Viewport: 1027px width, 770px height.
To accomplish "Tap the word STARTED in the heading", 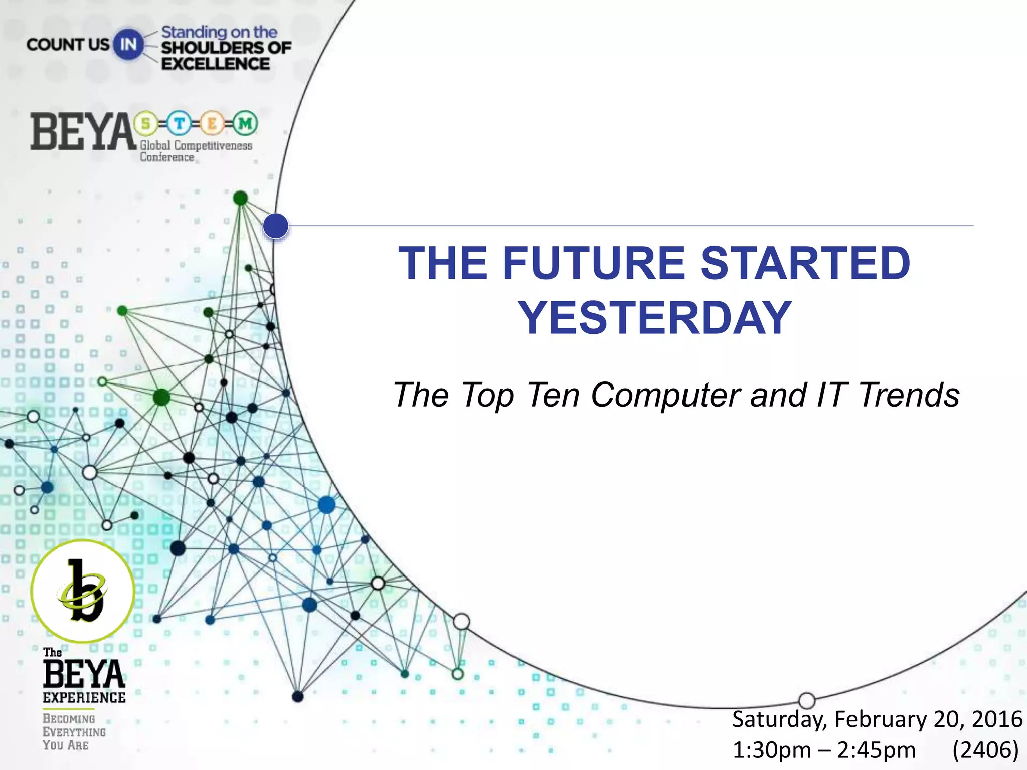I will [x=805, y=263].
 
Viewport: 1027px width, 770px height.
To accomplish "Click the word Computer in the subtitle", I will [x=666, y=396].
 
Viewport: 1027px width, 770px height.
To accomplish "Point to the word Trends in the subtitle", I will [x=909, y=396].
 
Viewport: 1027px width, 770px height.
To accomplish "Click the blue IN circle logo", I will [x=128, y=45].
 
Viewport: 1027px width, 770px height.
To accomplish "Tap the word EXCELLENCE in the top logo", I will [x=216, y=64].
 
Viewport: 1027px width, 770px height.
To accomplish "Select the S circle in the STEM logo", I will [x=146, y=123].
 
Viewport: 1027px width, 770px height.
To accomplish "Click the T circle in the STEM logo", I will [x=179, y=123].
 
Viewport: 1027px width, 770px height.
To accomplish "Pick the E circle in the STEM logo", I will [x=212, y=123].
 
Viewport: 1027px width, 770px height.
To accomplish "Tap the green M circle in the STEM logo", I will [x=245, y=123].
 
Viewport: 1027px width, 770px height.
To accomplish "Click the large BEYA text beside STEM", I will [x=83, y=132].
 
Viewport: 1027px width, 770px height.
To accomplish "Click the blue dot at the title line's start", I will [x=275, y=226].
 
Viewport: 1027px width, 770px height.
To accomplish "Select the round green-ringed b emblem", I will [x=83, y=591].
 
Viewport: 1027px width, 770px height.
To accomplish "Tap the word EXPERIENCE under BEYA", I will [x=84, y=697].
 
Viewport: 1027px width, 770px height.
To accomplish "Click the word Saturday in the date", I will [x=779, y=719].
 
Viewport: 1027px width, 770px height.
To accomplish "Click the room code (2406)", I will [x=985, y=750].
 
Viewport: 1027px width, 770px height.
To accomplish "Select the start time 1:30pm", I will [x=771, y=750].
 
